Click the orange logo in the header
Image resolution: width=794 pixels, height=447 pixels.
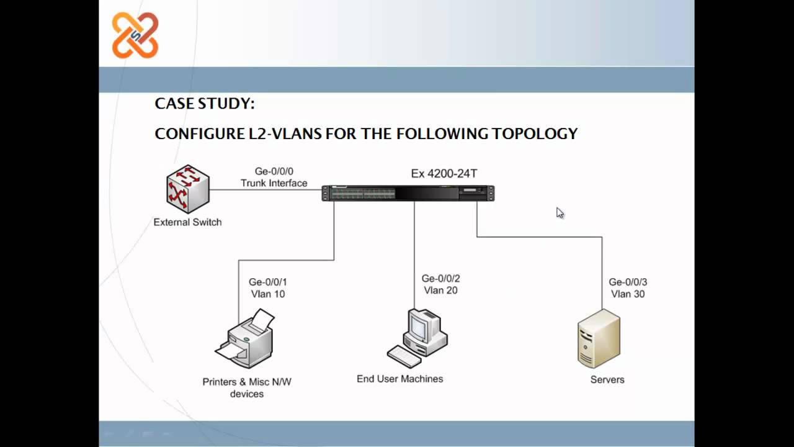tap(135, 35)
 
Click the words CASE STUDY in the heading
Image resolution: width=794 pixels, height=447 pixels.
tap(204, 104)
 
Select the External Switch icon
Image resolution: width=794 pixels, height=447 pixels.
tap(188, 189)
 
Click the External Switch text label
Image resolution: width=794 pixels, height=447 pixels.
tap(187, 222)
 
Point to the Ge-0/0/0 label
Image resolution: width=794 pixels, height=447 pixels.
tap(274, 171)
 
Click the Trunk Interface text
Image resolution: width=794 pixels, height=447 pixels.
tap(274, 183)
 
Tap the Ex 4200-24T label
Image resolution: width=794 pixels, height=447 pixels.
tap(444, 174)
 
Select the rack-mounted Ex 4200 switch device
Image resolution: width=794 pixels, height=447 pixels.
tap(408, 193)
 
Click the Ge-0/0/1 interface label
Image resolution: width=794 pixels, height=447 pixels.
tap(268, 282)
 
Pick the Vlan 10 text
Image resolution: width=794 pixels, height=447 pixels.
tap(268, 294)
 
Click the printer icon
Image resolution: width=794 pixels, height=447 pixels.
tap(246, 340)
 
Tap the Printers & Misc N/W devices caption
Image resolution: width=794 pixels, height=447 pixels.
tap(247, 387)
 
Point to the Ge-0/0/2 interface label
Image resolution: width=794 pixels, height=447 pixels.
tap(441, 279)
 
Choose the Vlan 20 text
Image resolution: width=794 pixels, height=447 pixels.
tap(441, 291)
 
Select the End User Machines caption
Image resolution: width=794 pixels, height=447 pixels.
tap(399, 379)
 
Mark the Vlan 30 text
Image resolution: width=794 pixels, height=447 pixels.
tap(628, 294)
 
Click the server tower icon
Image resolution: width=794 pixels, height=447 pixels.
tap(599, 339)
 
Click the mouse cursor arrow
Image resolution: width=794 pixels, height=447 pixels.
tap(560, 213)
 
